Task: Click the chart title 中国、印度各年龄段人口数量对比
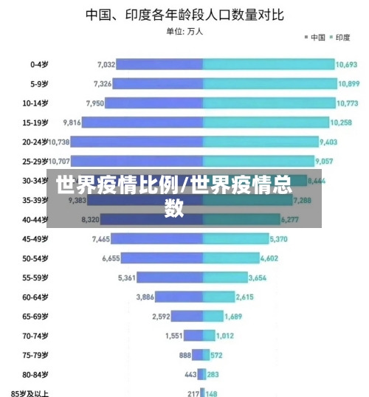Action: click(x=184, y=14)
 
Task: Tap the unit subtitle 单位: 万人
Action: click(x=184, y=32)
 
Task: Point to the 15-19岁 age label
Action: click(x=35, y=122)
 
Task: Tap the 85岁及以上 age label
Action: click(x=30, y=393)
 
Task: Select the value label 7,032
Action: click(x=106, y=64)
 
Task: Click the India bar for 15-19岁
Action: click(x=266, y=122)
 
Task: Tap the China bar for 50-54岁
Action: click(x=162, y=258)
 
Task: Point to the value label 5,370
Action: click(x=279, y=238)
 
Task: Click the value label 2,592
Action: click(x=161, y=316)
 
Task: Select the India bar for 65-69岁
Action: click(x=213, y=316)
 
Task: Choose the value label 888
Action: click(x=185, y=354)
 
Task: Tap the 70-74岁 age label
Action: click(x=35, y=335)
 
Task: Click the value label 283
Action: click(x=213, y=374)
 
